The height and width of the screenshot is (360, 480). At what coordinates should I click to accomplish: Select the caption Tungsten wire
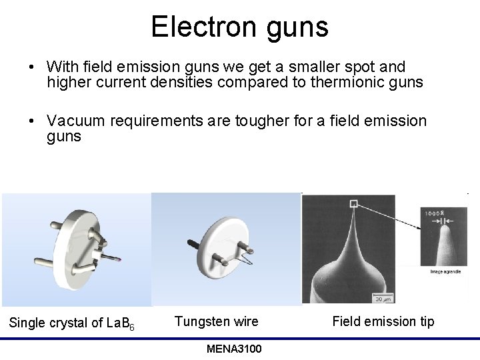pos(216,321)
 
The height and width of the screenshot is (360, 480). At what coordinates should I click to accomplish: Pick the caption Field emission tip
pos(383,321)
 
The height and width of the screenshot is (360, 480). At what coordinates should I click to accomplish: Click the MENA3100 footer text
pos(234,349)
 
